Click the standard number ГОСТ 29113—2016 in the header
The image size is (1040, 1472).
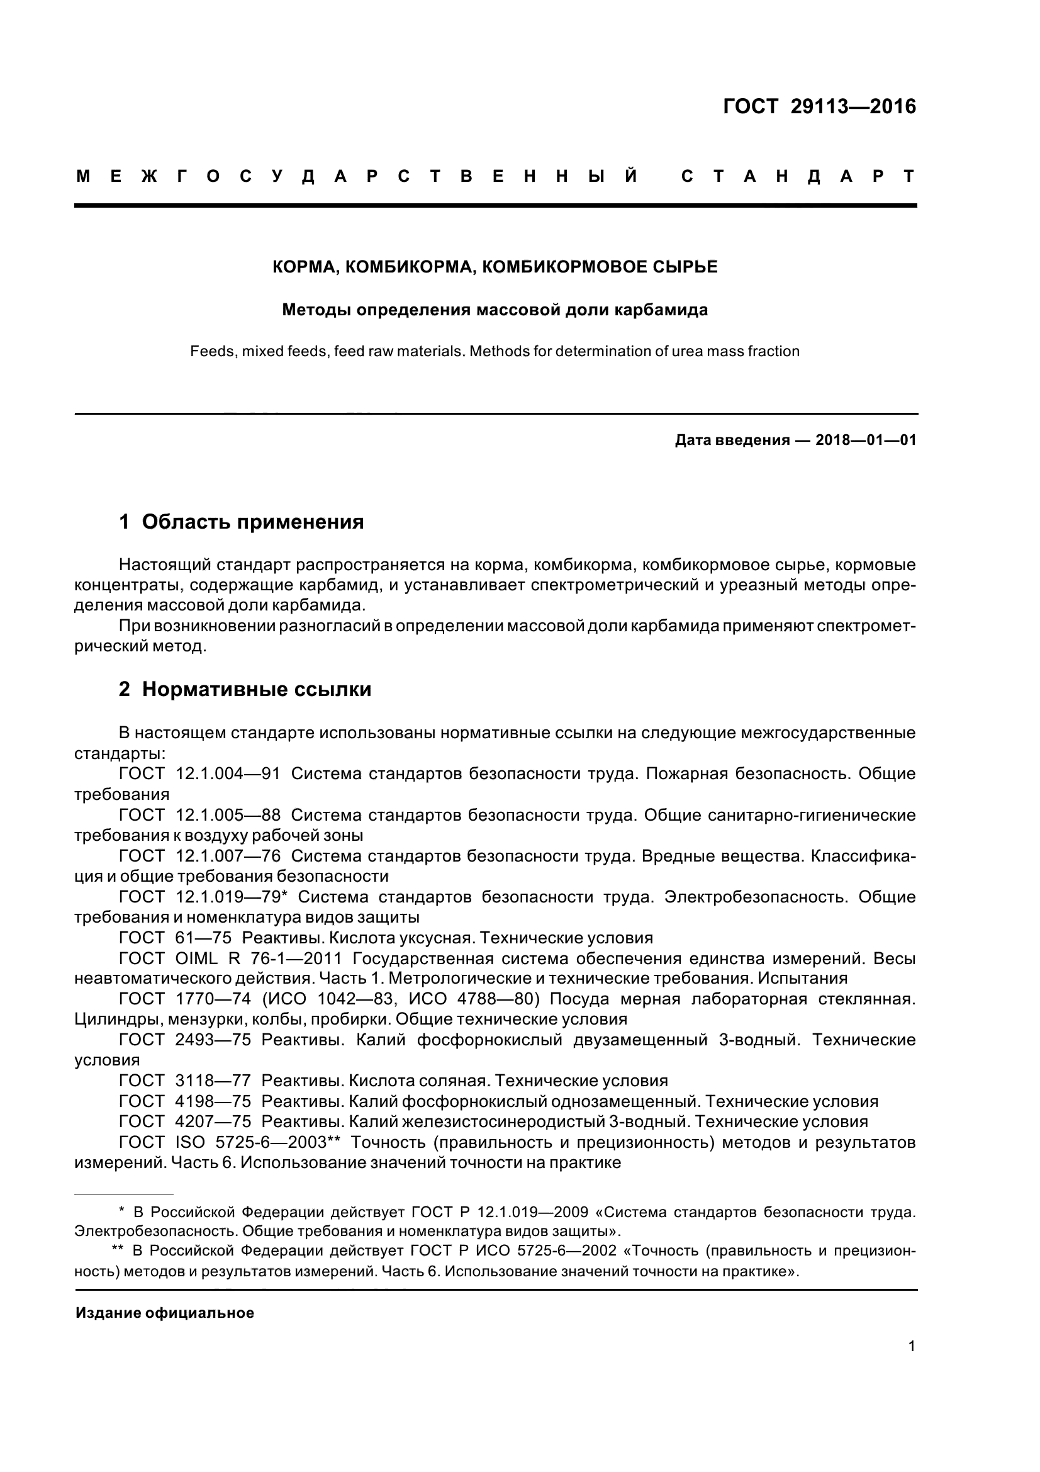click(x=820, y=106)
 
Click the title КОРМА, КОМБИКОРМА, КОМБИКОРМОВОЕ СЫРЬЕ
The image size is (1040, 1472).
click(x=495, y=267)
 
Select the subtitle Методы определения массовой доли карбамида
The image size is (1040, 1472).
click(x=495, y=310)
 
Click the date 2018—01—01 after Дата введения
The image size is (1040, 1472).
click(x=865, y=441)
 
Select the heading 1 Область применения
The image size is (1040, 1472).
click(x=242, y=522)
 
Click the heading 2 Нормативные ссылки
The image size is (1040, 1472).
click(x=245, y=689)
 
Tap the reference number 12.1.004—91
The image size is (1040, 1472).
click(x=228, y=774)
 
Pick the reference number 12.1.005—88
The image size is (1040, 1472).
click(x=228, y=815)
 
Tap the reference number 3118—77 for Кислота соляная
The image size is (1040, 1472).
click(x=213, y=1081)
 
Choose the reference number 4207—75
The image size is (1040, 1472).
click(x=213, y=1121)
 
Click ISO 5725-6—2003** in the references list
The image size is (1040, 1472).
click(x=257, y=1142)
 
